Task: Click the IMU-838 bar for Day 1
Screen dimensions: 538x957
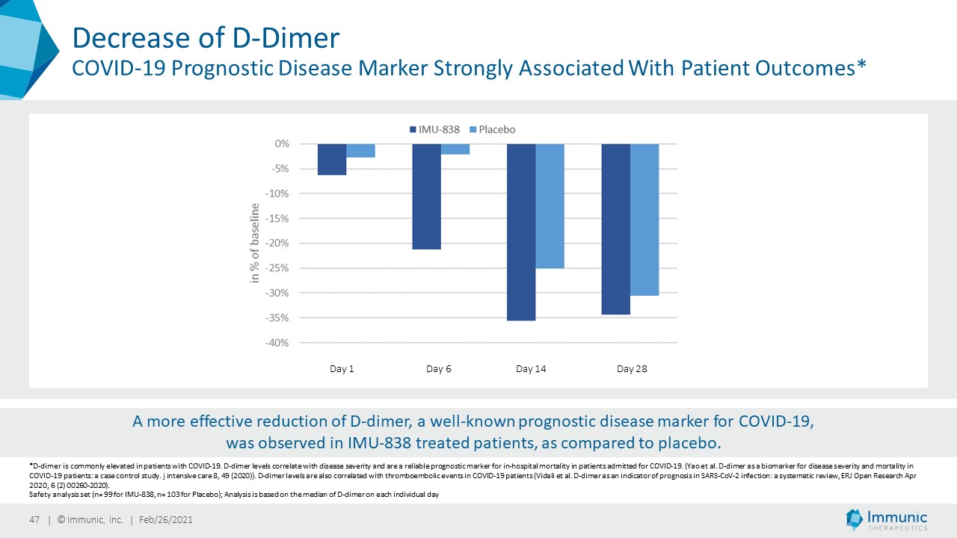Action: click(x=332, y=159)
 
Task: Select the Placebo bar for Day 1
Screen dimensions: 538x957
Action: click(x=360, y=150)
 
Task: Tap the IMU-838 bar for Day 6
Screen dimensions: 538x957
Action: click(x=427, y=196)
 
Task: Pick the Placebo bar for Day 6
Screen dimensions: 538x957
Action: click(x=455, y=149)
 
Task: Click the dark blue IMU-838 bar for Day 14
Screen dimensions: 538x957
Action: click(x=522, y=232)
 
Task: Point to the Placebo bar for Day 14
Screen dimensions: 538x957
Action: click(x=550, y=205)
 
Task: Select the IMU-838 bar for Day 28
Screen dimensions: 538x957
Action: click(x=616, y=229)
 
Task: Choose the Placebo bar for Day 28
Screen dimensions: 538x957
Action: click(x=644, y=219)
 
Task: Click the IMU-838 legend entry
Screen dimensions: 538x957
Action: click(x=434, y=129)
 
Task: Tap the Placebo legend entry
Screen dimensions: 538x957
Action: click(x=492, y=129)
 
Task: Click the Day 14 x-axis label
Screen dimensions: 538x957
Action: click(x=531, y=369)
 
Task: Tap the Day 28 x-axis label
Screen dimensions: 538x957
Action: click(x=632, y=369)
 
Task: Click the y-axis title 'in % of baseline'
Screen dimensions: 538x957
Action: click(x=255, y=243)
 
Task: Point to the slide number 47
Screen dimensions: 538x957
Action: click(x=34, y=520)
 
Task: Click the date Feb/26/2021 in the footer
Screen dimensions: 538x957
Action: click(x=166, y=520)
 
